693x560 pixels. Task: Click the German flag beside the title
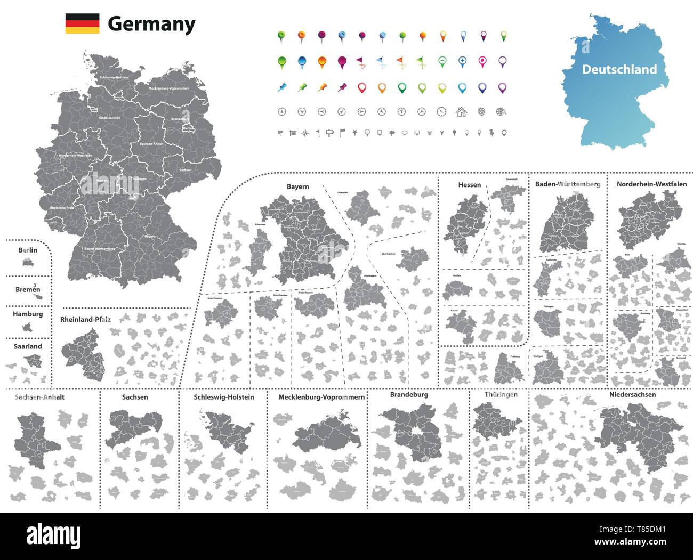(x=82, y=24)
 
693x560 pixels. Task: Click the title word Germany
(x=151, y=25)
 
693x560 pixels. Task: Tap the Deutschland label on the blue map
(x=619, y=69)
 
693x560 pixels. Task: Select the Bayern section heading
(x=297, y=187)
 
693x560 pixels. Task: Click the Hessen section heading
(x=469, y=185)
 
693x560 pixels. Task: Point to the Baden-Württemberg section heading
(x=567, y=184)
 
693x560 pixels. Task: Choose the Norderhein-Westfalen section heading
(x=651, y=184)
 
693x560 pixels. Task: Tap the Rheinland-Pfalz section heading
(x=86, y=320)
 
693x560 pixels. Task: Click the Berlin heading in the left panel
(x=28, y=250)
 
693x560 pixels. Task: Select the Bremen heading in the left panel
(x=28, y=290)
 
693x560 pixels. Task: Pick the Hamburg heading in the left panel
(x=28, y=314)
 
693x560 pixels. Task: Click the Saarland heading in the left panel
(x=28, y=346)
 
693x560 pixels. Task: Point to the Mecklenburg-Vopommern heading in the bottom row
(x=321, y=397)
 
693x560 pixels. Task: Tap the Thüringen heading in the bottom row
(x=501, y=395)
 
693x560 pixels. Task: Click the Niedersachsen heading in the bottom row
(x=632, y=395)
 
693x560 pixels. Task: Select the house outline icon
(x=461, y=112)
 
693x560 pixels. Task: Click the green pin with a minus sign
(x=441, y=62)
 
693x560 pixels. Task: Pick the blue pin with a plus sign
(x=462, y=62)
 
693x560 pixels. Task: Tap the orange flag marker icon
(x=401, y=62)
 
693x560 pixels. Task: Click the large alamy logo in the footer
(x=53, y=534)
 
